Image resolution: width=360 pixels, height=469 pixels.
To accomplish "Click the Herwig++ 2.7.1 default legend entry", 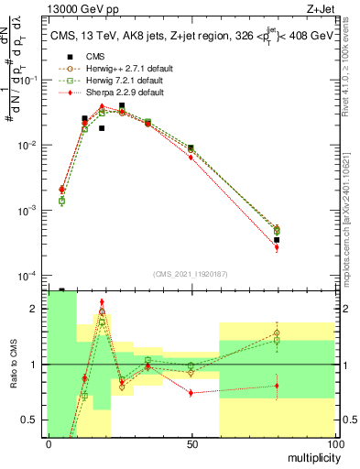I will pos(129,69).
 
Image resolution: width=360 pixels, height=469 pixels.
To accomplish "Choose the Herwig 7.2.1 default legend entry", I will pos(126,81).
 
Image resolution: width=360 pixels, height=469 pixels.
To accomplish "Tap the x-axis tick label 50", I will pos(191,444).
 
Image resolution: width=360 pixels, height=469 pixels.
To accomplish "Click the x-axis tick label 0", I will pos(49,444).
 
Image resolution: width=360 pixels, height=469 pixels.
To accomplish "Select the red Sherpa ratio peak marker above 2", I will pos(102,301).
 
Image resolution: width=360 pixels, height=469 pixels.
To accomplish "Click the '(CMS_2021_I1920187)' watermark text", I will pos(191,274).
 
